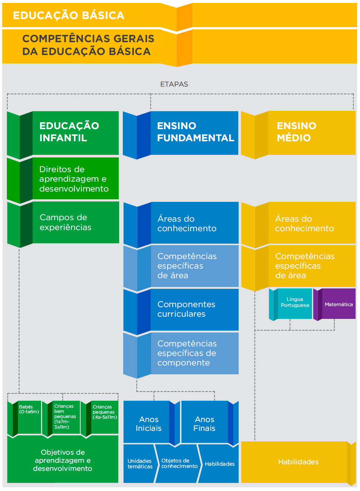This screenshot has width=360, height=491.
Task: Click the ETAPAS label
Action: (174, 84)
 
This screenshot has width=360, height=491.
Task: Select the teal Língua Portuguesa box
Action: (294, 303)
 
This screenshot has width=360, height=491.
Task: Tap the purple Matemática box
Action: (338, 304)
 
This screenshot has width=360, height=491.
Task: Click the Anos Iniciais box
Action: (148, 423)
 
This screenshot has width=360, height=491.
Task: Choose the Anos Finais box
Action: (205, 423)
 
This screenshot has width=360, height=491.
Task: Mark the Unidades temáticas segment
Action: (140, 464)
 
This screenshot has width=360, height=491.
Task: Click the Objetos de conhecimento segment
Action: (179, 463)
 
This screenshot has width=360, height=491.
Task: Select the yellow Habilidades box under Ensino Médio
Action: (298, 462)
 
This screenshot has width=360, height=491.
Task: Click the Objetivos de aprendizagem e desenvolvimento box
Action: (63, 460)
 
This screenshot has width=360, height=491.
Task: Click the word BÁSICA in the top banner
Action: (103, 15)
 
